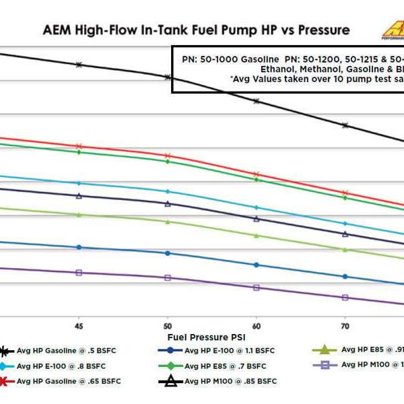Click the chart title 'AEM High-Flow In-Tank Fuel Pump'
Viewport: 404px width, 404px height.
tap(196, 30)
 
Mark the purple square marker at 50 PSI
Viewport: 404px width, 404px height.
tap(168, 277)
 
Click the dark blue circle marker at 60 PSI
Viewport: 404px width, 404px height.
tap(256, 265)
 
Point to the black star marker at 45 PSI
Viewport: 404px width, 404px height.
tap(79, 65)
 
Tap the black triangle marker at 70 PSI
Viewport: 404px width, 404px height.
tap(345, 234)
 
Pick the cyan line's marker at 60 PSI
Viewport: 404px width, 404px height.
tap(256, 207)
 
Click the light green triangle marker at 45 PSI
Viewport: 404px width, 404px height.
tap(79, 214)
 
